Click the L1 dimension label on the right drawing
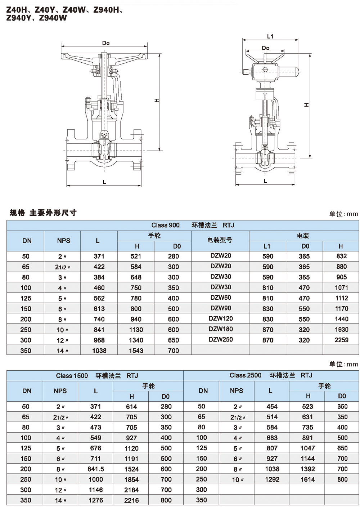click(270, 36)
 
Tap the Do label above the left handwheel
click(106, 43)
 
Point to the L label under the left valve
click(104, 182)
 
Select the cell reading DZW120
click(221, 318)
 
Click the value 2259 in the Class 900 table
click(341, 340)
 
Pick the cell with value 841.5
click(96, 469)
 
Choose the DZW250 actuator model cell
click(221, 339)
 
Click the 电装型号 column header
click(220, 240)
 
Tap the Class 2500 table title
click(271, 375)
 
